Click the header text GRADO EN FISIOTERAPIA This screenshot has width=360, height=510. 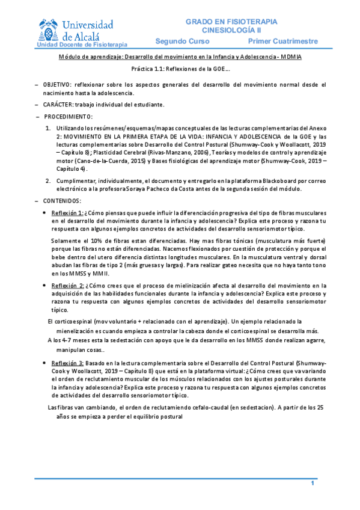(231, 21)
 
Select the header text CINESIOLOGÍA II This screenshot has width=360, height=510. (231, 29)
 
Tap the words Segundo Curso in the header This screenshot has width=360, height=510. (182, 41)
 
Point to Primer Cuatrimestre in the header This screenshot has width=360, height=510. (282, 41)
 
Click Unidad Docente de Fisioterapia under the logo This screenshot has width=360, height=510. (82, 45)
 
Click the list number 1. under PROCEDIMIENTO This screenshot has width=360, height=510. (49, 129)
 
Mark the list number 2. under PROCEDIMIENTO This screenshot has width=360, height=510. (49, 181)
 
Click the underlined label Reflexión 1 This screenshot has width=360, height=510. (67, 213)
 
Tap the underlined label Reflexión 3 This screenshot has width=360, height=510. (67, 364)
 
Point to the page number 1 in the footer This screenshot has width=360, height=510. (313, 484)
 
